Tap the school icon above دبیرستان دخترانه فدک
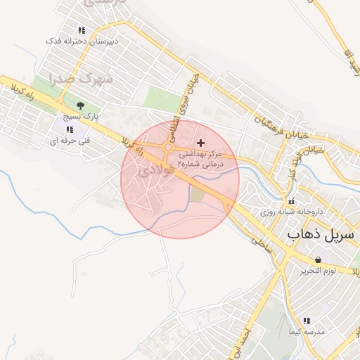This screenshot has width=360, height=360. pyautogui.click(x=82, y=30)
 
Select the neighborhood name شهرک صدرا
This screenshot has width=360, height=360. pyautogui.click(x=82, y=78)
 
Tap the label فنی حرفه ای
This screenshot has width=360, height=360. pyautogui.click(x=67, y=141)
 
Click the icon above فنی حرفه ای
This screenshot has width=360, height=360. pyautogui.click(x=68, y=129)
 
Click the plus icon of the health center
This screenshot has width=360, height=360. pyautogui.click(x=201, y=143)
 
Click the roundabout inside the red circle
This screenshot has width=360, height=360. pyautogui.click(x=169, y=147)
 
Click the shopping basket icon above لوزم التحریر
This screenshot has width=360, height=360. pyautogui.click(x=318, y=259)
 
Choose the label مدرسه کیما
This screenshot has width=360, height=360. pyautogui.click(x=309, y=330)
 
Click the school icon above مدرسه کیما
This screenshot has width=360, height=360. pyautogui.click(x=307, y=320)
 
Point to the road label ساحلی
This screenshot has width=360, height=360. pyautogui.click(x=260, y=244)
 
